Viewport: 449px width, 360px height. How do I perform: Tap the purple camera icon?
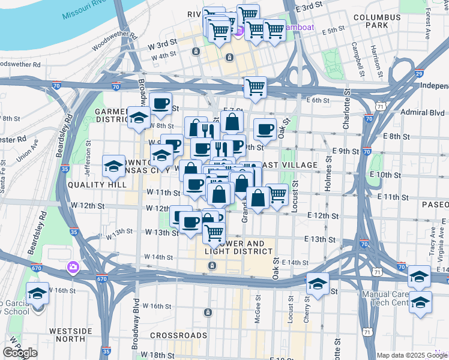[x=73, y=266]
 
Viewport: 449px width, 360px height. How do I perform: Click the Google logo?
[x=20, y=353]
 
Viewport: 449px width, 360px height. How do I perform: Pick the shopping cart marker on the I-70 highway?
[x=255, y=87]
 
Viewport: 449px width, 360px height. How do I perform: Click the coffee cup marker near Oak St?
[x=265, y=129]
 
